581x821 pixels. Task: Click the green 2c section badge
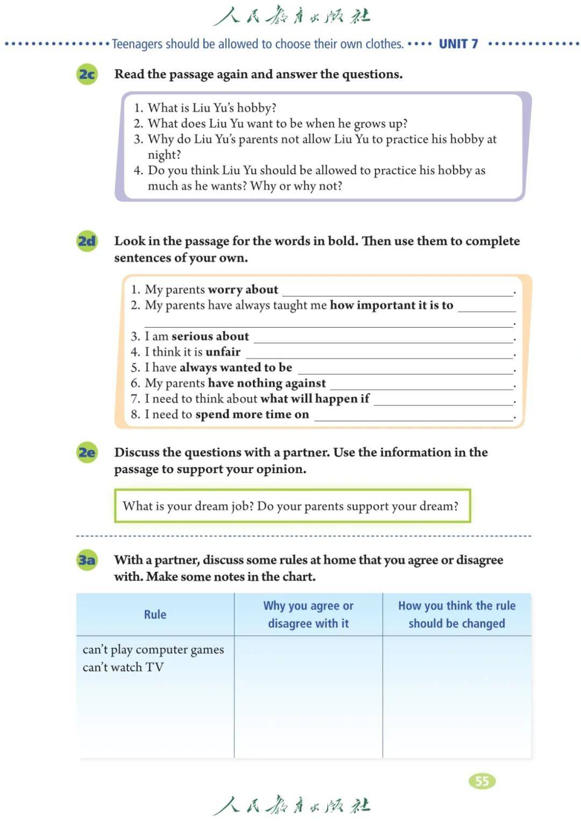click(87, 74)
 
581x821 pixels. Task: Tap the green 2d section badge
click(87, 241)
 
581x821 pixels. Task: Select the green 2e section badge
click(87, 452)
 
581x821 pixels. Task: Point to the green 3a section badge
click(87, 560)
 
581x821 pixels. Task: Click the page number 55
click(482, 781)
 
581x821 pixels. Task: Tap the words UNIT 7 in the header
click(458, 44)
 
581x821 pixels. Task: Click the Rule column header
click(155, 614)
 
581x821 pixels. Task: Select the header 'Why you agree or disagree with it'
click(308, 614)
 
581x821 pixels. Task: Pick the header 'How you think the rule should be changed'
click(457, 614)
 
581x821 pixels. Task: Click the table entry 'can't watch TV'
click(123, 667)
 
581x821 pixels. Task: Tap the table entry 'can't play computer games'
click(153, 649)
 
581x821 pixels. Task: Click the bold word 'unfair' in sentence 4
click(223, 352)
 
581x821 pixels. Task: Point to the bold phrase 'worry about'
click(243, 289)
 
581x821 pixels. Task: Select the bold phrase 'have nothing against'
click(267, 383)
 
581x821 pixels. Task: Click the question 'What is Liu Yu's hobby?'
click(212, 108)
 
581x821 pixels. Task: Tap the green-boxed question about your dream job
click(291, 506)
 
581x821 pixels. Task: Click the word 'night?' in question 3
click(165, 155)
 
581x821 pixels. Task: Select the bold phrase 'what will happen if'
click(315, 399)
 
